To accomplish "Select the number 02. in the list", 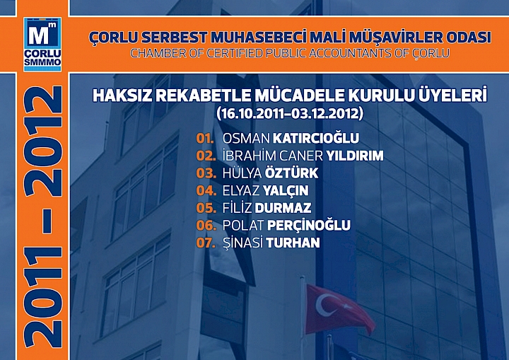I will (206, 156).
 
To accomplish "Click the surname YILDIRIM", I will (355, 156).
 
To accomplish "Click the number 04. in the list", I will (206, 191).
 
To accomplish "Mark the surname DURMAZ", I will (288, 208).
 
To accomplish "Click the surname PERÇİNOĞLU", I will (309, 226).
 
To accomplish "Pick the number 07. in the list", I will (206, 243).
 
